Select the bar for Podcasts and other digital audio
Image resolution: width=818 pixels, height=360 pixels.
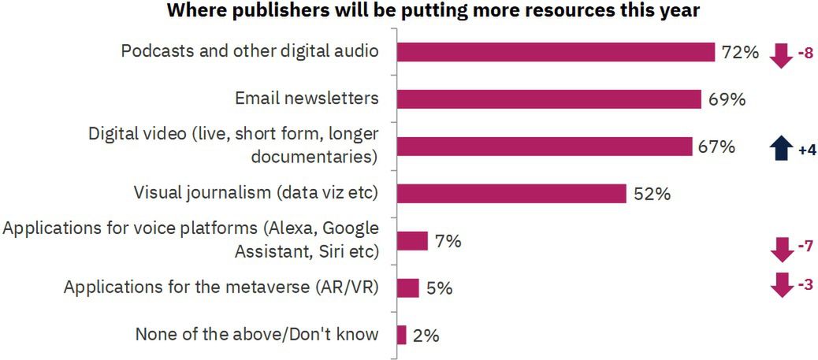pyautogui.click(x=555, y=52)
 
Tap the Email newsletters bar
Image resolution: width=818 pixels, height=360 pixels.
pyautogui.click(x=548, y=99)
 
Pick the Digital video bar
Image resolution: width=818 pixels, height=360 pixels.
pyautogui.click(x=544, y=147)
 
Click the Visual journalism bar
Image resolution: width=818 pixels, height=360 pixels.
pyautogui.click(x=511, y=193)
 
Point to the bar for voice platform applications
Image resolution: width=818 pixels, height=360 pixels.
pyautogui.click(x=411, y=240)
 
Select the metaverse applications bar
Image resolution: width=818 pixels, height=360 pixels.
pyautogui.click(x=407, y=288)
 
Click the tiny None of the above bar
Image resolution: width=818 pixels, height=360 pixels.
pyautogui.click(x=401, y=335)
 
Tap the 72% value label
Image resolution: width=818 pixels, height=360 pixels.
pyautogui.click(x=740, y=53)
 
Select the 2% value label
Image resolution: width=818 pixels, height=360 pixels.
pyautogui.click(x=426, y=336)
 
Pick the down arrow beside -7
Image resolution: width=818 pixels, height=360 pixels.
pyautogui.click(x=780, y=248)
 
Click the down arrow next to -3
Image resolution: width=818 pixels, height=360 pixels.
pyautogui.click(x=780, y=284)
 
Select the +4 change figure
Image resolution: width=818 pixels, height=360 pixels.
pyautogui.click(x=805, y=150)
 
